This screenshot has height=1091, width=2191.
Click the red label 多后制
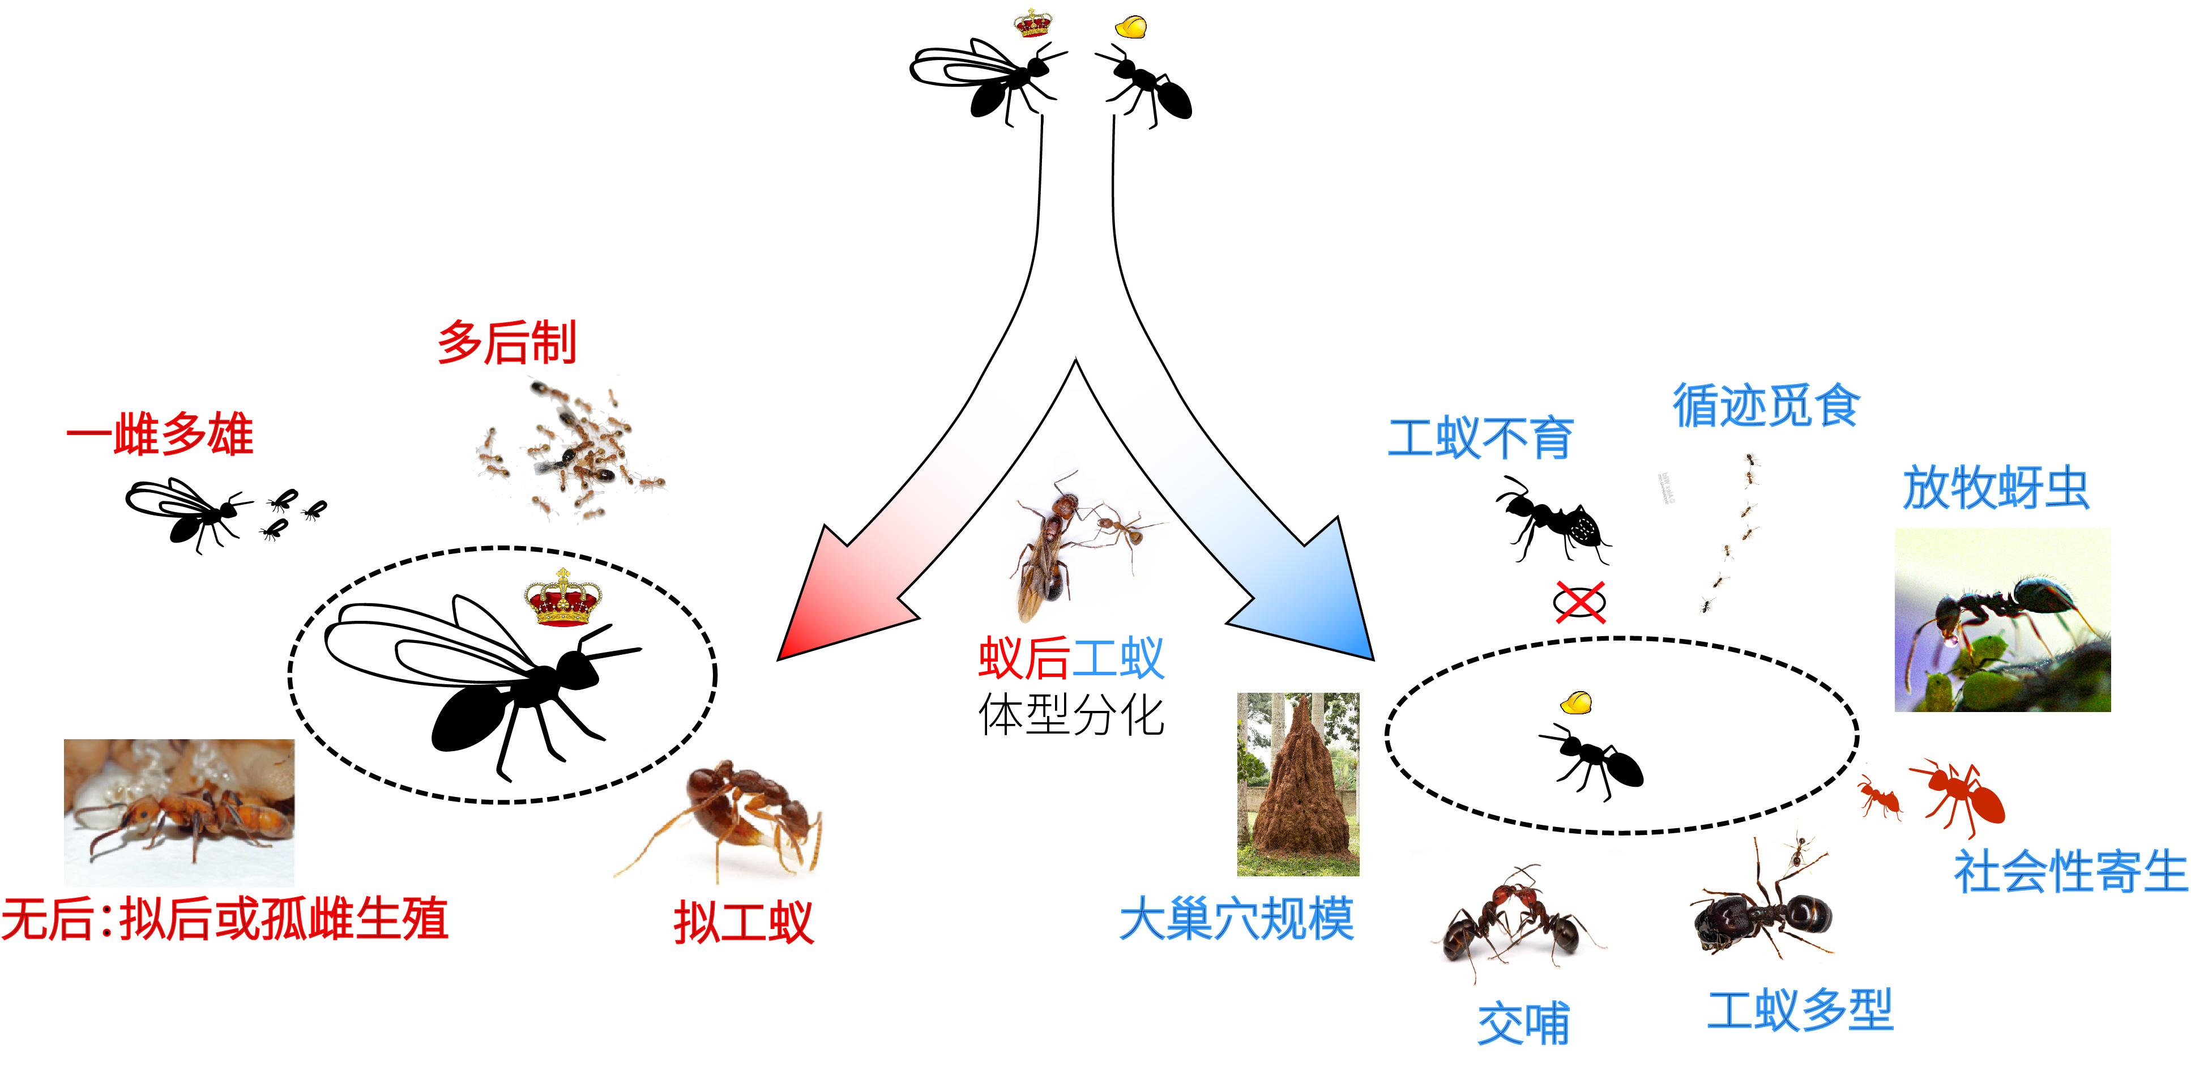pyautogui.click(x=507, y=342)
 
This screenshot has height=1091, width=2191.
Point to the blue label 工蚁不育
pyautogui.click(x=1480, y=438)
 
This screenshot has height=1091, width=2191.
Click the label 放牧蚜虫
pyautogui.click(x=1996, y=488)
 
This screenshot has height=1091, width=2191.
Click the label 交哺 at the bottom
pyautogui.click(x=1523, y=1024)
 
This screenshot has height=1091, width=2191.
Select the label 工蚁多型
pyautogui.click(x=1800, y=1010)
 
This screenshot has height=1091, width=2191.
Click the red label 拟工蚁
pyautogui.click(x=744, y=923)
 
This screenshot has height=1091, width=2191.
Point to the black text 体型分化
pyautogui.click(x=1071, y=714)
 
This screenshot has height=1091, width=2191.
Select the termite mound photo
pyautogui.click(x=1298, y=784)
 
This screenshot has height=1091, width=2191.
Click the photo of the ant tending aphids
pyautogui.click(x=2002, y=620)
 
